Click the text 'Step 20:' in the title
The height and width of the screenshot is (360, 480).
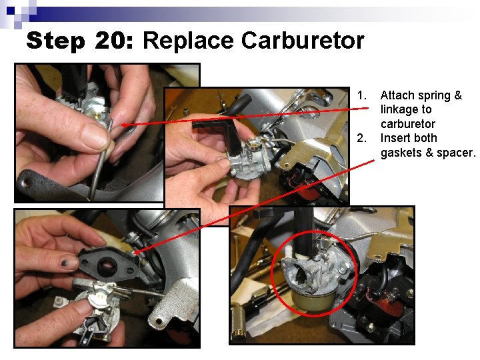[81, 41]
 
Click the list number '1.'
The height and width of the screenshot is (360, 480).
[362, 95]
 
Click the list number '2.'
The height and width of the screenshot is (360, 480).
[362, 138]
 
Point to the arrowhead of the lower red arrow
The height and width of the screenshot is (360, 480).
[139, 252]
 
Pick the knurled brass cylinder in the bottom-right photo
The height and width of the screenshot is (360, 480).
[239, 320]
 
